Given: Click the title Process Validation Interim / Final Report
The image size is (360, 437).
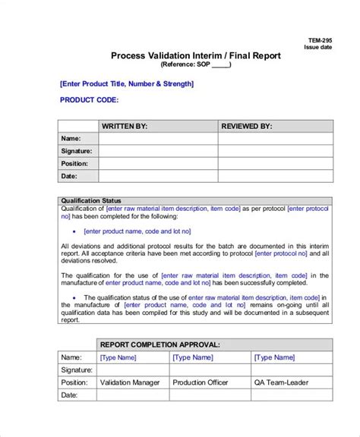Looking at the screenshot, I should click(196, 55).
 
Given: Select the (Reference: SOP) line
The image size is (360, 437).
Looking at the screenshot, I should click(196, 64).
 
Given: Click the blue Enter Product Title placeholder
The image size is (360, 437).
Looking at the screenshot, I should click(126, 83).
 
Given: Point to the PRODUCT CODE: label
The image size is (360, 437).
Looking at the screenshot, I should click(89, 99).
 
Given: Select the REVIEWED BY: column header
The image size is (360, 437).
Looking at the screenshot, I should click(246, 126).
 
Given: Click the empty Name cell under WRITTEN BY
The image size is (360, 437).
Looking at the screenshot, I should click(158, 138).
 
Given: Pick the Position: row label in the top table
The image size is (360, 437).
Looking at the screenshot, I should click(74, 163).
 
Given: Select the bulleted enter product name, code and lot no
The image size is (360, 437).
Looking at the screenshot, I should click(137, 231).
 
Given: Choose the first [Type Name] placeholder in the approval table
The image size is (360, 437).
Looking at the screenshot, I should click(118, 357).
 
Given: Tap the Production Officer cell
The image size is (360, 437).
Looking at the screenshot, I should click(204, 382).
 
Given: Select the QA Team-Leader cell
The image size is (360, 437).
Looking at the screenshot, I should click(283, 382).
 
